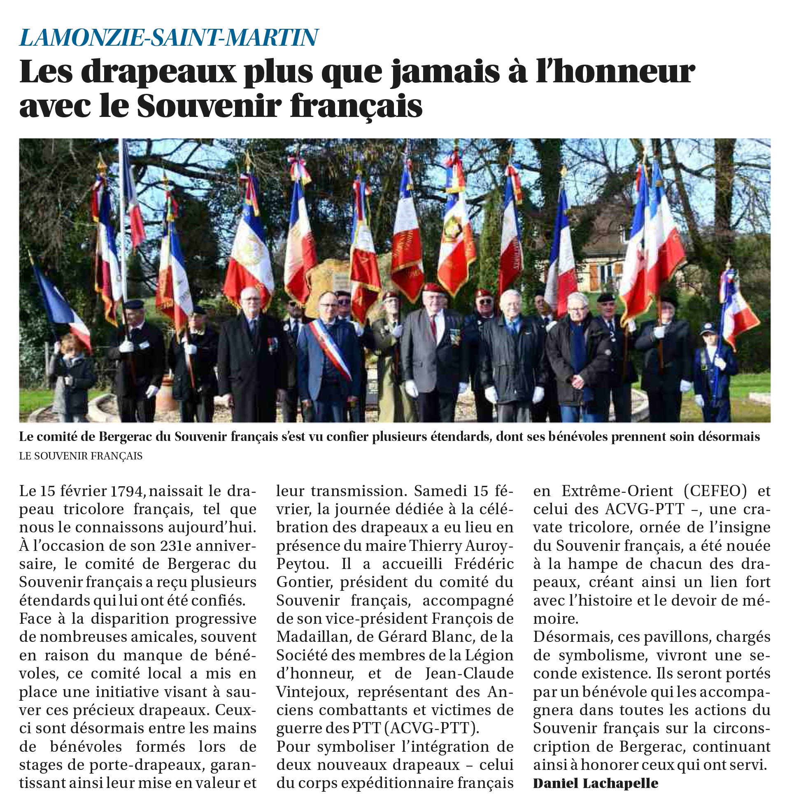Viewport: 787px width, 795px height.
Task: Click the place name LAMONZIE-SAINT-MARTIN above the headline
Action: pos(169,37)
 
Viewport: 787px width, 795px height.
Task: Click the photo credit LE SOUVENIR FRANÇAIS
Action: pos(81,456)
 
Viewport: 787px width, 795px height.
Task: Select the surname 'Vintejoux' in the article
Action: pos(309,692)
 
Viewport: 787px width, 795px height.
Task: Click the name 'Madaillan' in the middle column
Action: pos(312,637)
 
